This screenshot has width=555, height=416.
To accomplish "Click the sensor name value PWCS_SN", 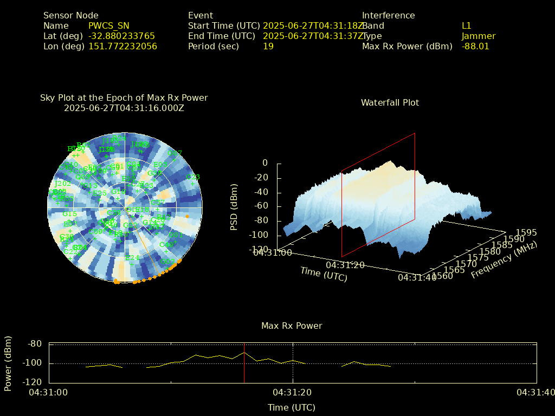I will pyautogui.click(x=109, y=26).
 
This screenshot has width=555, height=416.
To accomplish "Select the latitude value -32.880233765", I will pyautogui.click(x=121, y=36).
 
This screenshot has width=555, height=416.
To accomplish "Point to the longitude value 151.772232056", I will pyautogui.click(x=122, y=47).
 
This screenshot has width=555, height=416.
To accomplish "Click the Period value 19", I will pyautogui.click(x=268, y=47).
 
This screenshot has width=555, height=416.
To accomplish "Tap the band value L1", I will pyautogui.click(x=467, y=26).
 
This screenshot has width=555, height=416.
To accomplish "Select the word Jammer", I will pyautogui.click(x=479, y=36).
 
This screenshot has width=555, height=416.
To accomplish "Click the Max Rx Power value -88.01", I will pyautogui.click(x=475, y=47).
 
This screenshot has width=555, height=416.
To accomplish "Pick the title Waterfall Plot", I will pyautogui.click(x=390, y=103).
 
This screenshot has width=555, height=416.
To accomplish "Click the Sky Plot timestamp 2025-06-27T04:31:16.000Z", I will pyautogui.click(x=124, y=108).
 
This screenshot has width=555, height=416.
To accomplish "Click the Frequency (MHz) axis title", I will pyautogui.click(x=504, y=260).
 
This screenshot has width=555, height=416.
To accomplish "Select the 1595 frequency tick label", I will pyautogui.click(x=526, y=233).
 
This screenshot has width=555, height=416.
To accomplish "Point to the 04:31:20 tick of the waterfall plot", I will pyautogui.click(x=345, y=265).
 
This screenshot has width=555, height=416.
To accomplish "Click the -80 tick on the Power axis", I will pyautogui.click(x=35, y=344).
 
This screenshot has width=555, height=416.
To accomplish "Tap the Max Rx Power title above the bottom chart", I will pyautogui.click(x=292, y=326).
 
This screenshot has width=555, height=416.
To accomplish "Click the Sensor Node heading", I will pyautogui.click(x=71, y=16).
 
